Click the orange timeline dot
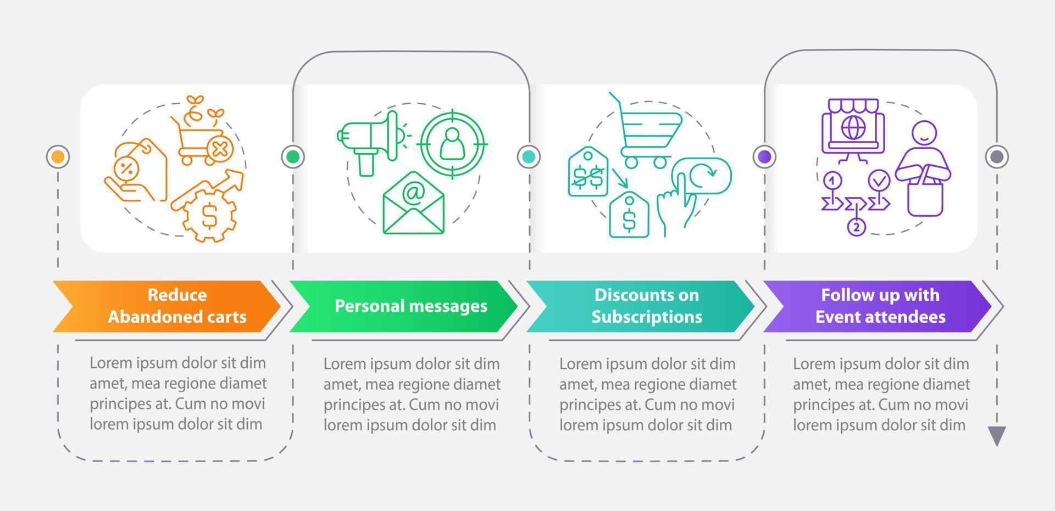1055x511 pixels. tap(58, 157)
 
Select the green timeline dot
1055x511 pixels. tap(293, 157)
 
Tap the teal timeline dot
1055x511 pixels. tap(529, 157)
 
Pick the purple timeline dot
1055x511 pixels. tap(764, 157)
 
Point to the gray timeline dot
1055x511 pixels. tap(996, 157)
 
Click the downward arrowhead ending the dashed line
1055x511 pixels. tap(996, 436)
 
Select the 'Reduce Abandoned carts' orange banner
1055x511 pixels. tap(170, 306)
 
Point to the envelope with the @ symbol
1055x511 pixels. tap(413, 204)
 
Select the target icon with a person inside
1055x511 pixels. tap(452, 143)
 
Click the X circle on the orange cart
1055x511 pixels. tap(219, 149)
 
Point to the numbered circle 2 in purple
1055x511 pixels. tap(856, 226)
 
